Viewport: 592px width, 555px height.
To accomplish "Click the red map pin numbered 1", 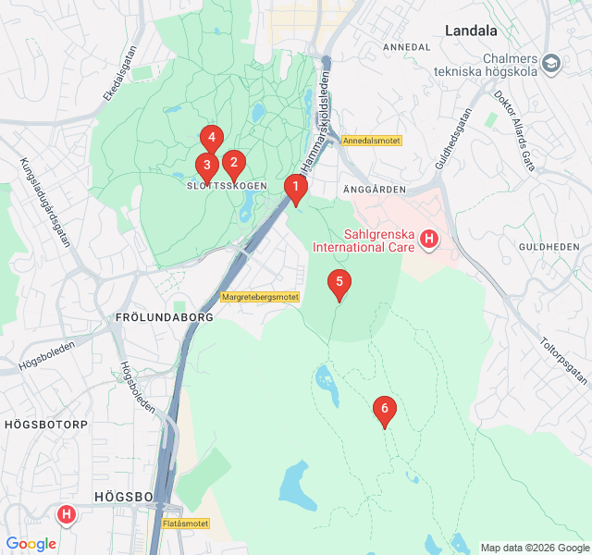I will [x=295, y=189].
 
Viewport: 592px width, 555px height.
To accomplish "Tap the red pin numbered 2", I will [x=233, y=166].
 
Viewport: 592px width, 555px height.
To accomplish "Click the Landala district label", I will [x=471, y=31].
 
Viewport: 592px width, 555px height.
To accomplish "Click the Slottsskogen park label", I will [x=219, y=186].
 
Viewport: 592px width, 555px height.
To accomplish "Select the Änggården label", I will [x=375, y=188].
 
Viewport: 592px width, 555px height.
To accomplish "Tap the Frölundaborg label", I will [x=165, y=316].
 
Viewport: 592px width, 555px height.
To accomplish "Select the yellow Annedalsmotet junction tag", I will [x=371, y=141].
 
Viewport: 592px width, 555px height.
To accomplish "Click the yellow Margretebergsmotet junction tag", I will [x=261, y=297].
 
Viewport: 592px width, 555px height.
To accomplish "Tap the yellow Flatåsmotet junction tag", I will [x=185, y=524].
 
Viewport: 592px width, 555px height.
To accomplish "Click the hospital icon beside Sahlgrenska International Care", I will [x=428, y=240].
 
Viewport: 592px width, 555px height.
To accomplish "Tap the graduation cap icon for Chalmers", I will [x=552, y=64].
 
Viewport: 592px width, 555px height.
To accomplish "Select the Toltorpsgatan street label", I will [x=562, y=360].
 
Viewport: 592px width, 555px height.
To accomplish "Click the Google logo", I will [x=31, y=544].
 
